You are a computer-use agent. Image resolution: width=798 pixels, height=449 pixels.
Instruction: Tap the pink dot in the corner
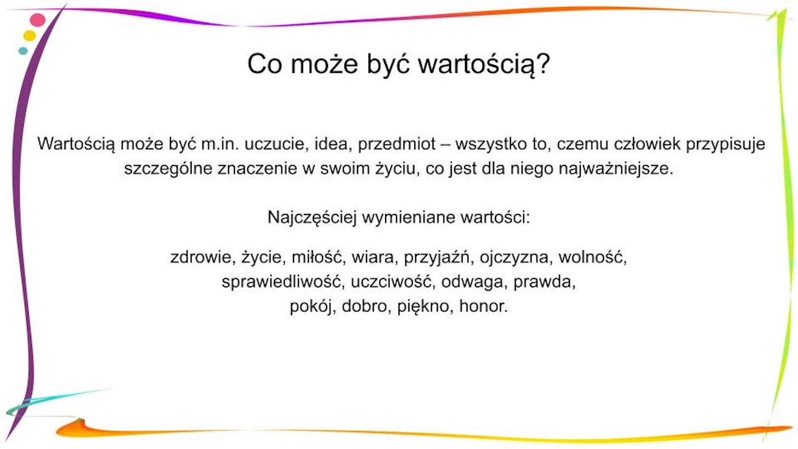[37, 20]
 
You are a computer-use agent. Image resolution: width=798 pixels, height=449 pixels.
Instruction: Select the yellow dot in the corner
[30, 35]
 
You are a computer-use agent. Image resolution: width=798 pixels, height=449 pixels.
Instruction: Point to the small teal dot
[23, 51]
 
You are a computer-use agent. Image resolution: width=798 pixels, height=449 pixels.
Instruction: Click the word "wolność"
[592, 257]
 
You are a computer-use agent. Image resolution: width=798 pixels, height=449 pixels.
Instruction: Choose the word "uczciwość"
[391, 282]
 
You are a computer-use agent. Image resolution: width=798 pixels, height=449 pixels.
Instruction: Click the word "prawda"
[543, 282]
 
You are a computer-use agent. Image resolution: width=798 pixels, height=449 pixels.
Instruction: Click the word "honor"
[482, 307]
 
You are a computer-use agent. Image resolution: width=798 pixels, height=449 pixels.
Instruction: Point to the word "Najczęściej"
[312, 217]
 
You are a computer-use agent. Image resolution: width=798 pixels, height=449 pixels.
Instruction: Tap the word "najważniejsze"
[615, 169]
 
